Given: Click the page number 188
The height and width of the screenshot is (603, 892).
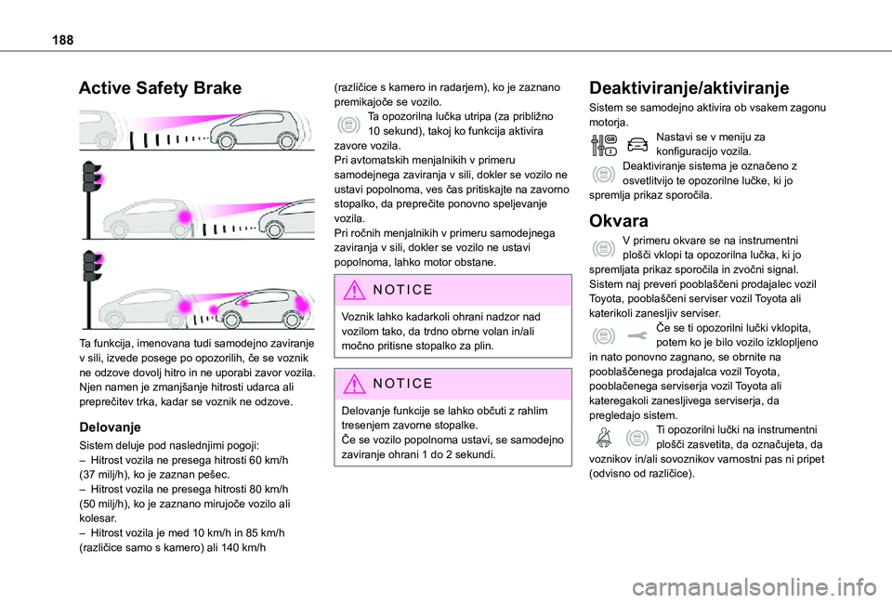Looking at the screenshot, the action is (x=62, y=40).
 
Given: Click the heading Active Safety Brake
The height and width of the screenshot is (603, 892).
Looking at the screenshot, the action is (x=160, y=88).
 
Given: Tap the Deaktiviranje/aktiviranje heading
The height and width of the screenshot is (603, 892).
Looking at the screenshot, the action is (x=689, y=88).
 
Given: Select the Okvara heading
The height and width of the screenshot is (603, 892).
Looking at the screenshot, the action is (x=619, y=221).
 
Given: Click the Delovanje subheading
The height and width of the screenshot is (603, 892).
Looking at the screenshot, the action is (x=110, y=427).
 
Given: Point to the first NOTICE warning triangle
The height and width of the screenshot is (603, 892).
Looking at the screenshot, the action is (x=353, y=290).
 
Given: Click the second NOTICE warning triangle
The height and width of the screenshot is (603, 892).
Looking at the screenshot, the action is (x=353, y=384).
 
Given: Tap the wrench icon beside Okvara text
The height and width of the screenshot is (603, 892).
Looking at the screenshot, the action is (x=637, y=336).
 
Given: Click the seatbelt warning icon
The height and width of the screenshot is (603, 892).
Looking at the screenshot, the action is (x=604, y=438).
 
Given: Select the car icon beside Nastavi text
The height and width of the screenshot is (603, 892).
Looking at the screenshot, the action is (x=637, y=146).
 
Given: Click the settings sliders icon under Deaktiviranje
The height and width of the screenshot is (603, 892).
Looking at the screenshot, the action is (x=604, y=146).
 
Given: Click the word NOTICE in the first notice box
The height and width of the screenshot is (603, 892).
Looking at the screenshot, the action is (x=402, y=290).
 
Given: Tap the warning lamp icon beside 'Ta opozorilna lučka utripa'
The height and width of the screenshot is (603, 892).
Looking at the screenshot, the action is (x=348, y=124).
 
